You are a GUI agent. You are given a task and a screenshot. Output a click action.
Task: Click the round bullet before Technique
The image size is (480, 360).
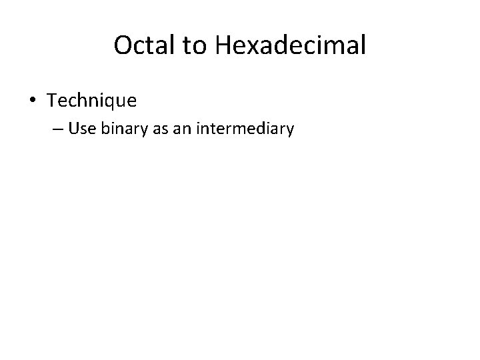[x=33, y=101]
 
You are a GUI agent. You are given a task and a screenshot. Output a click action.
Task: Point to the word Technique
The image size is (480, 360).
[x=92, y=101]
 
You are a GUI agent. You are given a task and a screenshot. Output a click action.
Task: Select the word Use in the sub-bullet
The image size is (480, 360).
[x=82, y=129]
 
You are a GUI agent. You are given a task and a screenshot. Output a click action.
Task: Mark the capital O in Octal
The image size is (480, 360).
[x=123, y=45]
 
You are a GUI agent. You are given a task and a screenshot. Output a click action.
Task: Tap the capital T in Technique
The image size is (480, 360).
[x=52, y=101]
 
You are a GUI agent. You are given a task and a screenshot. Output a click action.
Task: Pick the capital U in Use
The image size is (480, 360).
[x=73, y=129]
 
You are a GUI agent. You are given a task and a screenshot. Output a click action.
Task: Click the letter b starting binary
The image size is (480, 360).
[x=104, y=129]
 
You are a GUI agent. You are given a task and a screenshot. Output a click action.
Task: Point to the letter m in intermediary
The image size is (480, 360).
[x=245, y=129]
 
